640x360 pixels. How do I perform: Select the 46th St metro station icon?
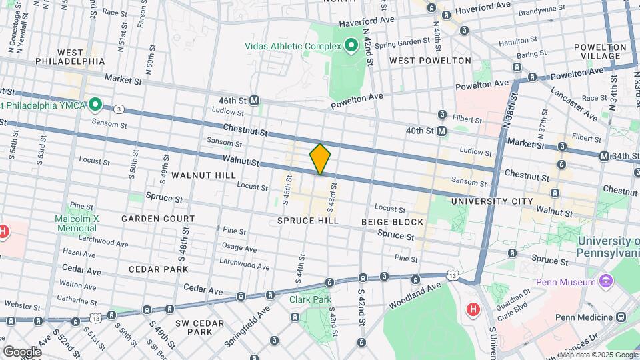(255, 100)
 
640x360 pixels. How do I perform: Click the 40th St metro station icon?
(441, 131)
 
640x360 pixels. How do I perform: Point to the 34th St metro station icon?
(604, 156)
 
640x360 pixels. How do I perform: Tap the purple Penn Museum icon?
(605, 282)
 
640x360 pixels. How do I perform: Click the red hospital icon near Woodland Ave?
(473, 309)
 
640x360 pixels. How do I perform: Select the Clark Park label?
(310, 299)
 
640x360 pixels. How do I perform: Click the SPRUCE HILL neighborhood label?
(309, 220)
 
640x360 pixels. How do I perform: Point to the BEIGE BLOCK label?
(392, 221)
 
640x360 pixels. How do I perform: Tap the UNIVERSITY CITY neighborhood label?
(492, 201)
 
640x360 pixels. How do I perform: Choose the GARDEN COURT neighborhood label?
(158, 219)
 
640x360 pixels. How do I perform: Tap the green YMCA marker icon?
(95, 104)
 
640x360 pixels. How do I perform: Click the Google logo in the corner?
(21, 351)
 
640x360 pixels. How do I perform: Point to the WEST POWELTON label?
(430, 61)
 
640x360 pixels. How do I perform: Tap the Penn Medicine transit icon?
(621, 317)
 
